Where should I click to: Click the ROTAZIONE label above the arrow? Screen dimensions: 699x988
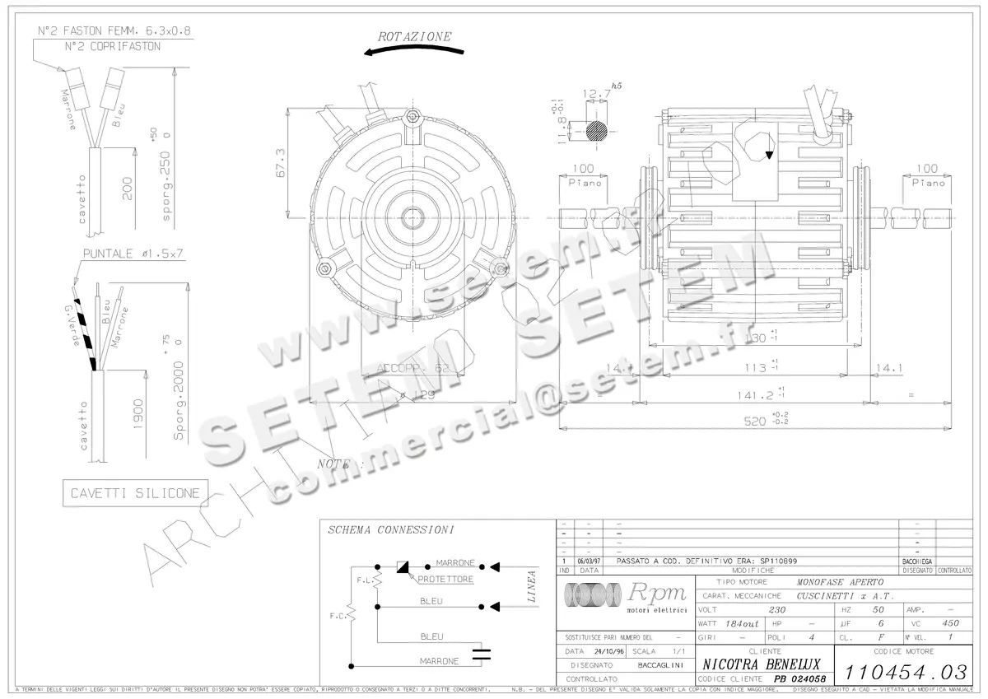tap(414, 36)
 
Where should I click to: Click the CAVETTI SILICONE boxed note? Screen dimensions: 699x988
tap(135, 493)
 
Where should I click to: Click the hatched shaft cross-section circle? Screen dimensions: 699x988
tap(596, 130)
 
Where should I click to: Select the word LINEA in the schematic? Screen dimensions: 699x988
tap(531, 586)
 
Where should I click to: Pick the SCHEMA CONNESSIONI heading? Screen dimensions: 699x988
tap(390, 530)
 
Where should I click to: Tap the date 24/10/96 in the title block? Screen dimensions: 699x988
tap(603, 650)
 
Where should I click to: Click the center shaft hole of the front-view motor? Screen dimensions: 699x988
tap(410, 217)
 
